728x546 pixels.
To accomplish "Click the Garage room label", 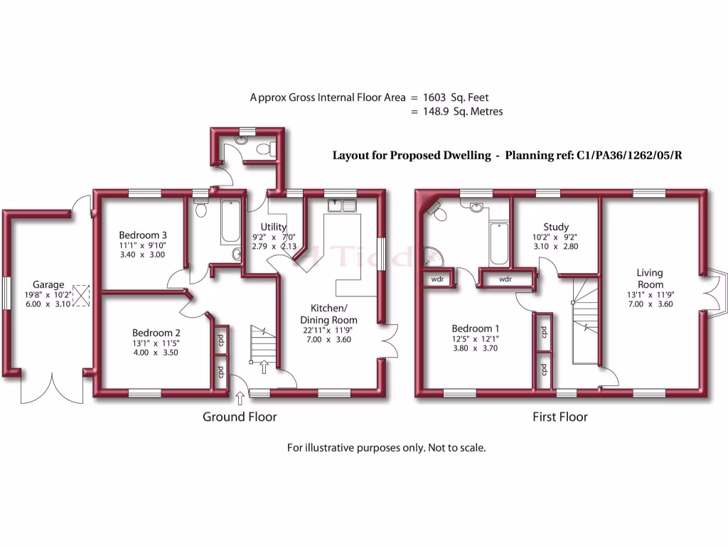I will (x=48, y=284).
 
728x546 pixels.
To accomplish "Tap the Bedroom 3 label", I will (x=143, y=235).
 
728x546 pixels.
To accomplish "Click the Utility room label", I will (x=274, y=227).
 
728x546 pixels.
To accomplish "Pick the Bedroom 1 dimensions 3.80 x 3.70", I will (x=476, y=349).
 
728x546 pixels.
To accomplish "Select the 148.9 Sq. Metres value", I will (x=464, y=112).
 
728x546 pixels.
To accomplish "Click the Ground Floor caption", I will (x=240, y=417).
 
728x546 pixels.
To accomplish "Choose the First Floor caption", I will (x=560, y=417).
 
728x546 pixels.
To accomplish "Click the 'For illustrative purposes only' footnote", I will (x=386, y=448).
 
